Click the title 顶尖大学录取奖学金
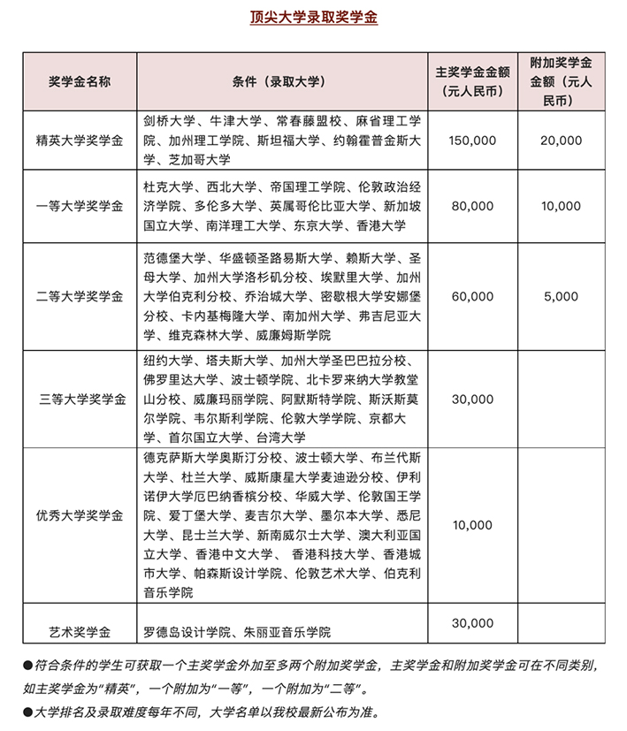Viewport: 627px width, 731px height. [x=313, y=17]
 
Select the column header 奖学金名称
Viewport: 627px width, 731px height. [x=79, y=81]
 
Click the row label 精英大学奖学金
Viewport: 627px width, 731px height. [x=79, y=141]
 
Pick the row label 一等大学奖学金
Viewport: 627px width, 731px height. [x=79, y=206]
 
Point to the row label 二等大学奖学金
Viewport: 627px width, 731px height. [x=79, y=295]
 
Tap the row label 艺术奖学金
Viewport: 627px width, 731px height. [x=79, y=632]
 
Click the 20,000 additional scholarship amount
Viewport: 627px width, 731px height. [x=562, y=141]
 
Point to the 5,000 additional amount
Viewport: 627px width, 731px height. [x=562, y=296]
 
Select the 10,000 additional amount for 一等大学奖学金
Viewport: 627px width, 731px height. [x=562, y=206]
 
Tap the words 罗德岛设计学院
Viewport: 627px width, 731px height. [x=186, y=632]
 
